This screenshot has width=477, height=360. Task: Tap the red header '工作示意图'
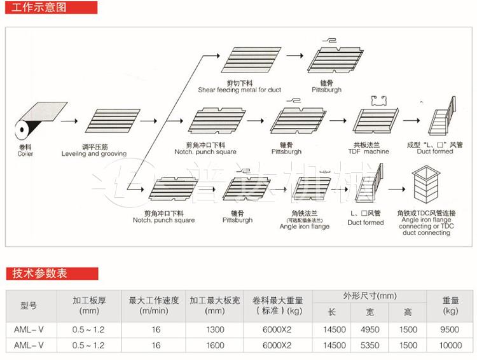(x=39, y=8)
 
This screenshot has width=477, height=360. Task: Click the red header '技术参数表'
(x=39, y=274)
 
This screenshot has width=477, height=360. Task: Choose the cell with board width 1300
(x=215, y=329)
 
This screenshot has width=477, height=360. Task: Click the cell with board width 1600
(x=215, y=345)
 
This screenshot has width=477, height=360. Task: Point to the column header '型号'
(x=29, y=306)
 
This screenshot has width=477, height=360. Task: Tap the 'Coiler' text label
(x=25, y=154)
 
